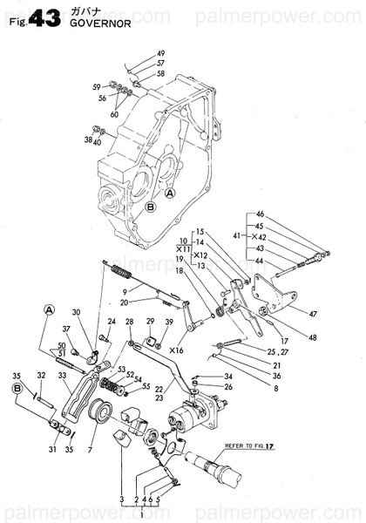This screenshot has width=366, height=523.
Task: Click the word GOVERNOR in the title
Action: (x=99, y=25)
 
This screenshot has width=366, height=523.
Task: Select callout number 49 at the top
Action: (x=136, y=54)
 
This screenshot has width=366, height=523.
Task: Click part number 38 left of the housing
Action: (x=88, y=139)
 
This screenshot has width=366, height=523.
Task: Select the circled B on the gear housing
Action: (x=150, y=207)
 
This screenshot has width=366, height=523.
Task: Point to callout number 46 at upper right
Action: (x=259, y=214)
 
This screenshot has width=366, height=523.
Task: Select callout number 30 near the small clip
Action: (x=76, y=313)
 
